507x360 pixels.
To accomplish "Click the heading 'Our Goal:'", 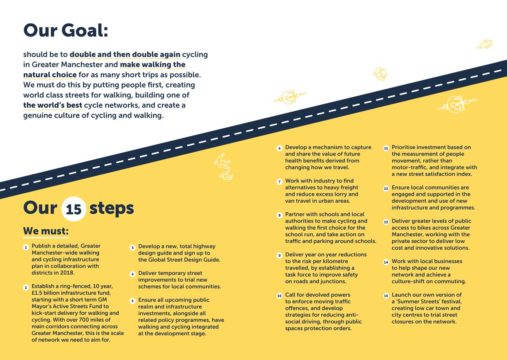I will [x=66, y=31].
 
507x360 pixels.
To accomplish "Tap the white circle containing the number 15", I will [x=73, y=209].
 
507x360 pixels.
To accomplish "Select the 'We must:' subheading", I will [x=46, y=231].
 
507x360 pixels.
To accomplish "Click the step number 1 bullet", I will [x=26, y=247].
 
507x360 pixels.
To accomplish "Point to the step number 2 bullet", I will [x=26, y=288].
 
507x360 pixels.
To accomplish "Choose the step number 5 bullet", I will [x=133, y=301].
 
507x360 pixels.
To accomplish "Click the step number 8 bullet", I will [x=280, y=216].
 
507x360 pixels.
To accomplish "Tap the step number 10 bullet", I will [x=280, y=296].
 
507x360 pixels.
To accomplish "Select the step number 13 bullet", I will [x=386, y=222].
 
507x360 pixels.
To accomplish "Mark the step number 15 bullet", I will [x=386, y=296].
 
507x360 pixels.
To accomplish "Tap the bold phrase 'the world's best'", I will [x=53, y=105].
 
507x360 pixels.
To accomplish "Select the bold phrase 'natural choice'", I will [x=50, y=75].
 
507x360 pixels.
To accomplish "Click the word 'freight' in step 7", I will [x=349, y=188].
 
